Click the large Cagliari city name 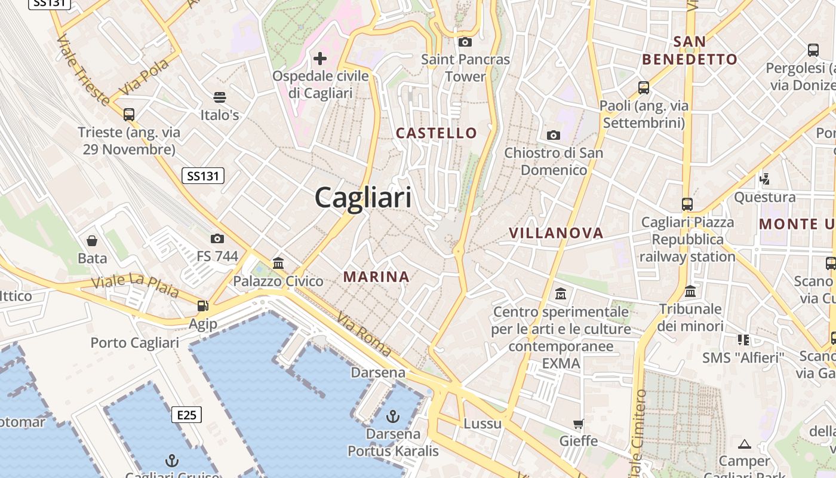[x=363, y=197]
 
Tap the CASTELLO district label [x=437, y=133]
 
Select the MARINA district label [x=377, y=277]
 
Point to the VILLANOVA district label [x=556, y=233]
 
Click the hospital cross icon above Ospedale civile [x=320, y=59]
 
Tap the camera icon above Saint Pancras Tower [x=465, y=42]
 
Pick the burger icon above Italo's [x=220, y=97]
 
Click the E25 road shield [x=187, y=415]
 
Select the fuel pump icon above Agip [x=203, y=306]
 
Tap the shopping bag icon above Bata [x=92, y=241]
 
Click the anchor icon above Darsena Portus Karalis [x=393, y=416]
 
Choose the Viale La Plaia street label [x=135, y=285]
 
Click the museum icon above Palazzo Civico [x=278, y=263]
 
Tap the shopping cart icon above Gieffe [x=578, y=424]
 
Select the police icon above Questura [x=764, y=178]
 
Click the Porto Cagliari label [x=134, y=343]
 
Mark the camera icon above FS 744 [x=217, y=239]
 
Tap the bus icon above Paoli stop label [x=644, y=88]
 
